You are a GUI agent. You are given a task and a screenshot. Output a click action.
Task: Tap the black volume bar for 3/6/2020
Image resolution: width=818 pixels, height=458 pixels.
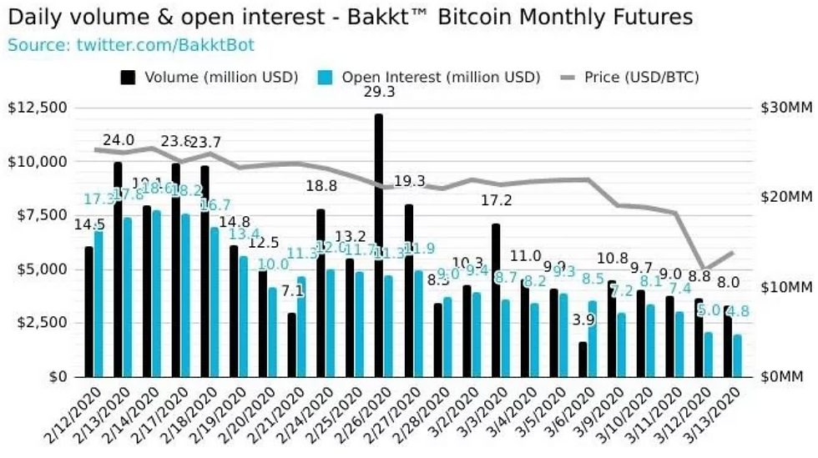click(x=582, y=359)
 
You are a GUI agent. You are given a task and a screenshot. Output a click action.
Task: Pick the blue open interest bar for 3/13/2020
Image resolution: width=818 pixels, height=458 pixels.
click(x=737, y=355)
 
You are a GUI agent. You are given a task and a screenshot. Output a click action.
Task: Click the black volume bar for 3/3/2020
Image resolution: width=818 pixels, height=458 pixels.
click(x=495, y=299)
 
